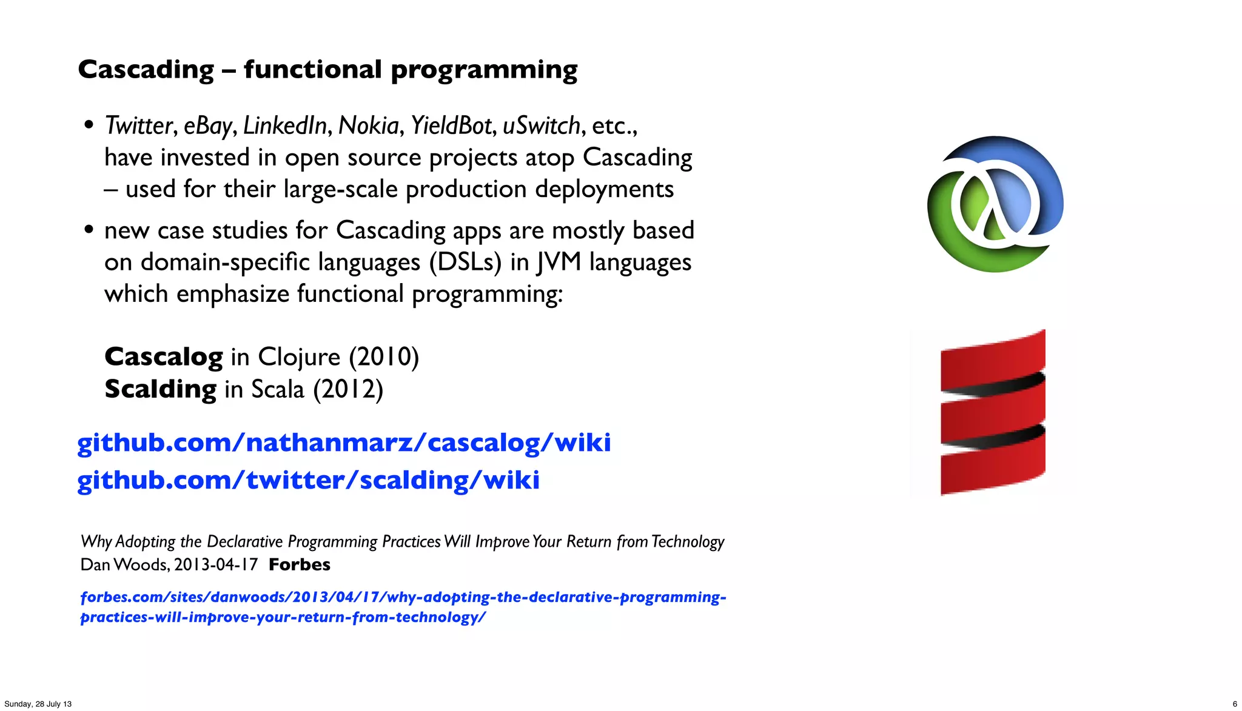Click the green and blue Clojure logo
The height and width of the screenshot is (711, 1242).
(x=995, y=204)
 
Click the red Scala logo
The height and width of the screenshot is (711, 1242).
(x=993, y=412)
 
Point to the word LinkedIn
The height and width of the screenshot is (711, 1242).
(x=285, y=125)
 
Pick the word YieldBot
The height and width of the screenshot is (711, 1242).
(x=451, y=125)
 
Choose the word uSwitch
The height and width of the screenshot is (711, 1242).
(x=542, y=125)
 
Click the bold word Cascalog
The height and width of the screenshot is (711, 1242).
(x=164, y=356)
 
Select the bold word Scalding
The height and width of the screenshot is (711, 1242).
(x=161, y=389)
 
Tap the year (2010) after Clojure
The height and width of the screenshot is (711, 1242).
(x=384, y=356)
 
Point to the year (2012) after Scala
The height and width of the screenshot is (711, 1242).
(x=348, y=389)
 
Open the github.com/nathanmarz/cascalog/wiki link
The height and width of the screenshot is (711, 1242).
(x=344, y=442)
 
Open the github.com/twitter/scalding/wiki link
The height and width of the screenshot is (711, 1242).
(x=308, y=480)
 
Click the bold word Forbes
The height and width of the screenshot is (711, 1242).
(x=300, y=564)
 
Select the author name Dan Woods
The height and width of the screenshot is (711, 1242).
(x=124, y=564)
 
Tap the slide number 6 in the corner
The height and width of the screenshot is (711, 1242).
(x=1235, y=704)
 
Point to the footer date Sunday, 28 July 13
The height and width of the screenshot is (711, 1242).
(x=38, y=704)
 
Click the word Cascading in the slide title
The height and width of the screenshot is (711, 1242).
(x=146, y=70)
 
